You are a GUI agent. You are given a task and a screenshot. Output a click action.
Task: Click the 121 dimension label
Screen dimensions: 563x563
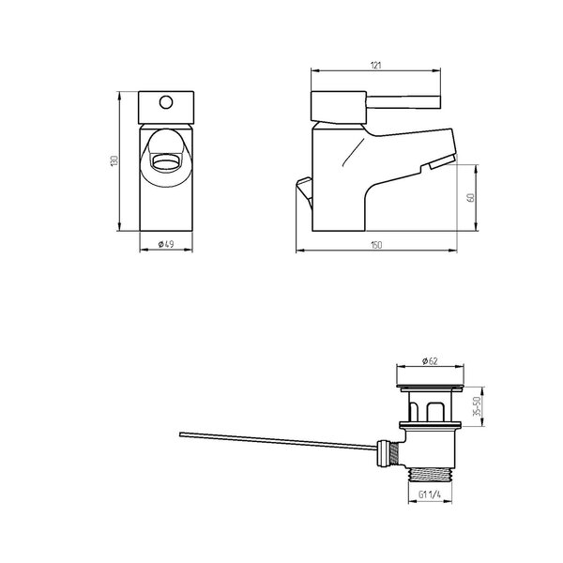point(375,66)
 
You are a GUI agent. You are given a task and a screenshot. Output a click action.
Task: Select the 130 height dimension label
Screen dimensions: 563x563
point(114,160)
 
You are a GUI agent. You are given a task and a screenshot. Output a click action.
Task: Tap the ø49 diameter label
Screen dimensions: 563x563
point(166,244)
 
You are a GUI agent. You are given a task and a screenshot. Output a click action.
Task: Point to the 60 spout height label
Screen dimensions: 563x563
point(471,197)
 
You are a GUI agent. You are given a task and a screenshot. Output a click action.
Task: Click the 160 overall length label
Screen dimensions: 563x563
point(376,245)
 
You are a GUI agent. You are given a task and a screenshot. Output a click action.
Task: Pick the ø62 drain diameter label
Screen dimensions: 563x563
point(430,361)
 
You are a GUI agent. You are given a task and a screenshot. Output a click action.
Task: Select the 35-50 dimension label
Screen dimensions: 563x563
point(477,406)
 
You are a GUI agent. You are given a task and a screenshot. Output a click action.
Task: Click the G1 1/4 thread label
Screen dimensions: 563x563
point(430,495)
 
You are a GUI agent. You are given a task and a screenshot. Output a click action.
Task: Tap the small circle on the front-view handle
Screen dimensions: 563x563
point(166,102)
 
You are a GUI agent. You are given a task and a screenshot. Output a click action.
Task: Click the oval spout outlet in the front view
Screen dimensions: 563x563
point(166,162)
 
